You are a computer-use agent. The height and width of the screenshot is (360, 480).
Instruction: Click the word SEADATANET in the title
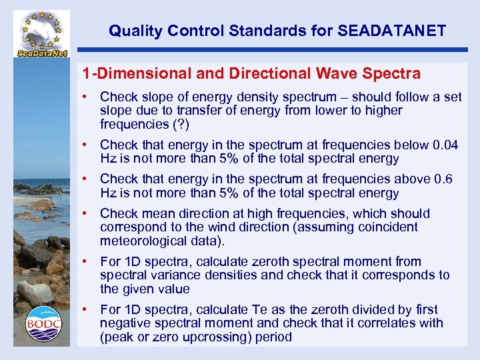pos(392,31)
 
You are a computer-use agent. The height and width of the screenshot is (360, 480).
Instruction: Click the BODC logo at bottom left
pos(43,324)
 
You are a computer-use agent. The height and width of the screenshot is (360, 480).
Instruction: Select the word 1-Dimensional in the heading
pos(125,73)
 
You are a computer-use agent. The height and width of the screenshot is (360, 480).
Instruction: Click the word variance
pos(164,275)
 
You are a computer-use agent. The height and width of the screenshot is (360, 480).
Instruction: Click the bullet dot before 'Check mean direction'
pos(87,213)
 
